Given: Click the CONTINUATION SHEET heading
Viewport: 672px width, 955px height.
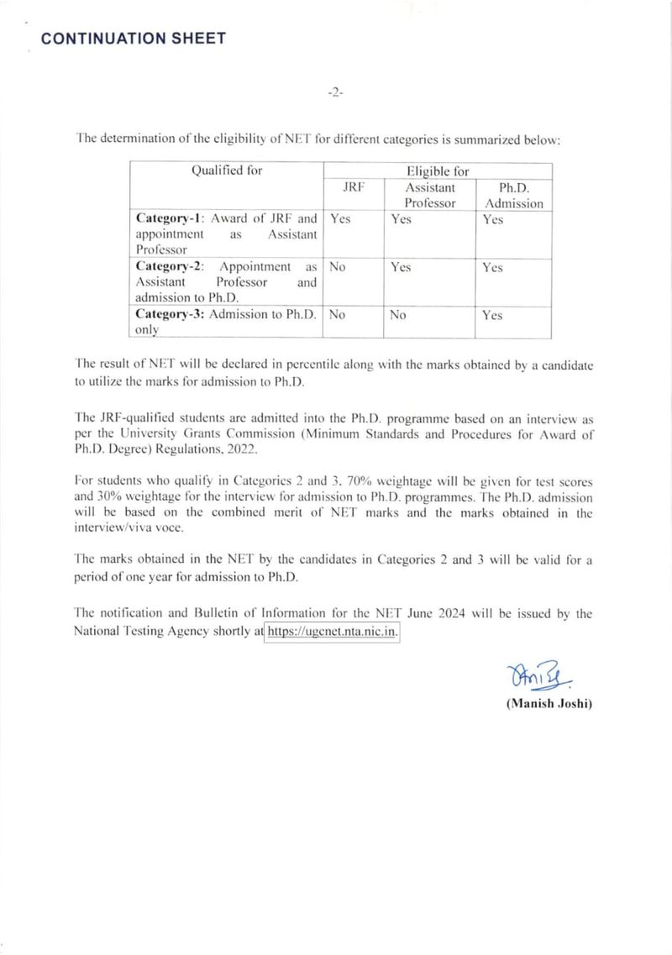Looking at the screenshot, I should coord(133,38).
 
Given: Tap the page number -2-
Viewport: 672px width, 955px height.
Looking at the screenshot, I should coord(335,93).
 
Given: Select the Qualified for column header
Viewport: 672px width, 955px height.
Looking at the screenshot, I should coord(227,171).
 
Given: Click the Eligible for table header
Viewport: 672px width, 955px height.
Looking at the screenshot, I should coord(437,171).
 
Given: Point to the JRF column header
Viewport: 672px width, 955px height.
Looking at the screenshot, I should coord(354,188).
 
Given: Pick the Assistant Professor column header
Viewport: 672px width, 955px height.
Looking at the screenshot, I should coord(429,196).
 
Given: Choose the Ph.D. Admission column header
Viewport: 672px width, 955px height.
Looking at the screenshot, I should coord(513,196).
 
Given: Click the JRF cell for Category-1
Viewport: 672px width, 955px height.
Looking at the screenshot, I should coord(340,219).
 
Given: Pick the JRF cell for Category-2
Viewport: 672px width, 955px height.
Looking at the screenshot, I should coord(339,267).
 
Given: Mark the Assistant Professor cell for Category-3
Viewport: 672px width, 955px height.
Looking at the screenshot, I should coord(398,315).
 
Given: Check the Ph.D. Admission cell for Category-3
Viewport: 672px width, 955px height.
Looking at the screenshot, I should coord(493,316).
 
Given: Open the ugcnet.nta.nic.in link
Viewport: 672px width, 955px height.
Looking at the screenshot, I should coord(332,631).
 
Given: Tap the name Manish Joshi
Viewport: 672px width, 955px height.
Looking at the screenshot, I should coord(549,704).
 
